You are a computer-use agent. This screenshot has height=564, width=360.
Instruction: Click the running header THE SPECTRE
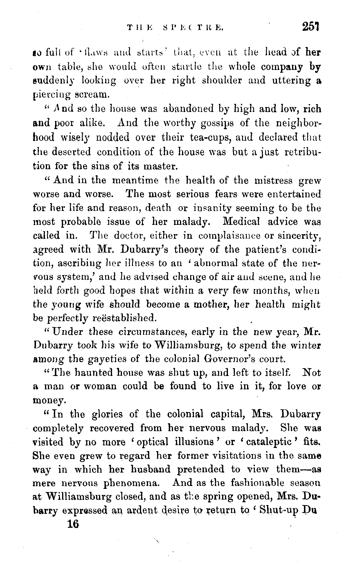[x=175, y=28]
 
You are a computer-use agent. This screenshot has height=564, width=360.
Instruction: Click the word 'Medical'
[x=242, y=222]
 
